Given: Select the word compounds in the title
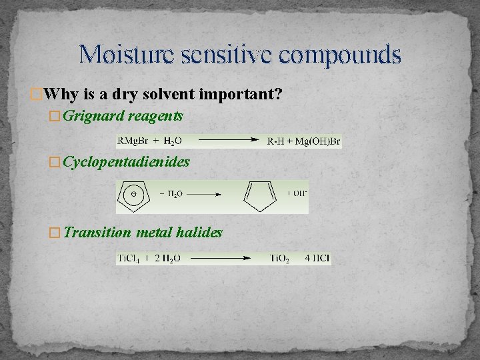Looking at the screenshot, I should pos(341,54).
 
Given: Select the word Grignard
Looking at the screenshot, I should pos(93,116).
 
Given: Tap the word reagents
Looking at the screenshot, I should pos(155,116).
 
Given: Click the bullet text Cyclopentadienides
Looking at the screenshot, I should pos(127,161).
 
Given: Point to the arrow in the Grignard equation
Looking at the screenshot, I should pos(225,141).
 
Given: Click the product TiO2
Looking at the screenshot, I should pos(280,258).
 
